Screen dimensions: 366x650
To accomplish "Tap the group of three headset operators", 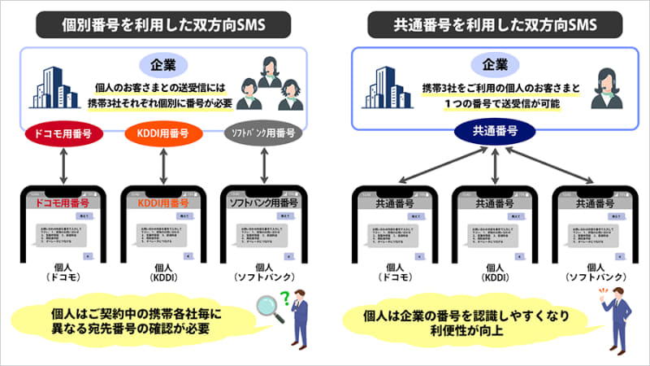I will pyautogui.click(x=275, y=82).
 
